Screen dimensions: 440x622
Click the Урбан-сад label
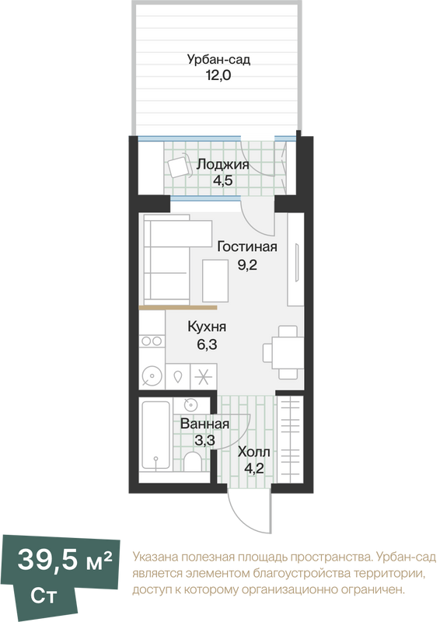coord(218,60)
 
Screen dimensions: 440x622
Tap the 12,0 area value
coord(218,75)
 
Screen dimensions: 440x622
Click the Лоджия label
coord(222,165)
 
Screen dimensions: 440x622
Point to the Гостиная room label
coord(246,246)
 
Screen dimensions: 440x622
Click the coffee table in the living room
coord(215,281)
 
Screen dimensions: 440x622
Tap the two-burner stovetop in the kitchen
coord(152,341)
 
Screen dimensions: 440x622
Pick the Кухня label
coord(207,327)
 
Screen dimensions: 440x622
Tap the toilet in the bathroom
coord(193,461)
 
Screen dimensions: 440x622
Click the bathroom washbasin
coord(190,405)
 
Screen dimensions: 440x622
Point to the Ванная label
coord(204,424)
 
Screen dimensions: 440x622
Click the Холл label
coord(254,452)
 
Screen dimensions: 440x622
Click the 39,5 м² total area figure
coord(65,560)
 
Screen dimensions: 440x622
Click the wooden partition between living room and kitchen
coord(178,307)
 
